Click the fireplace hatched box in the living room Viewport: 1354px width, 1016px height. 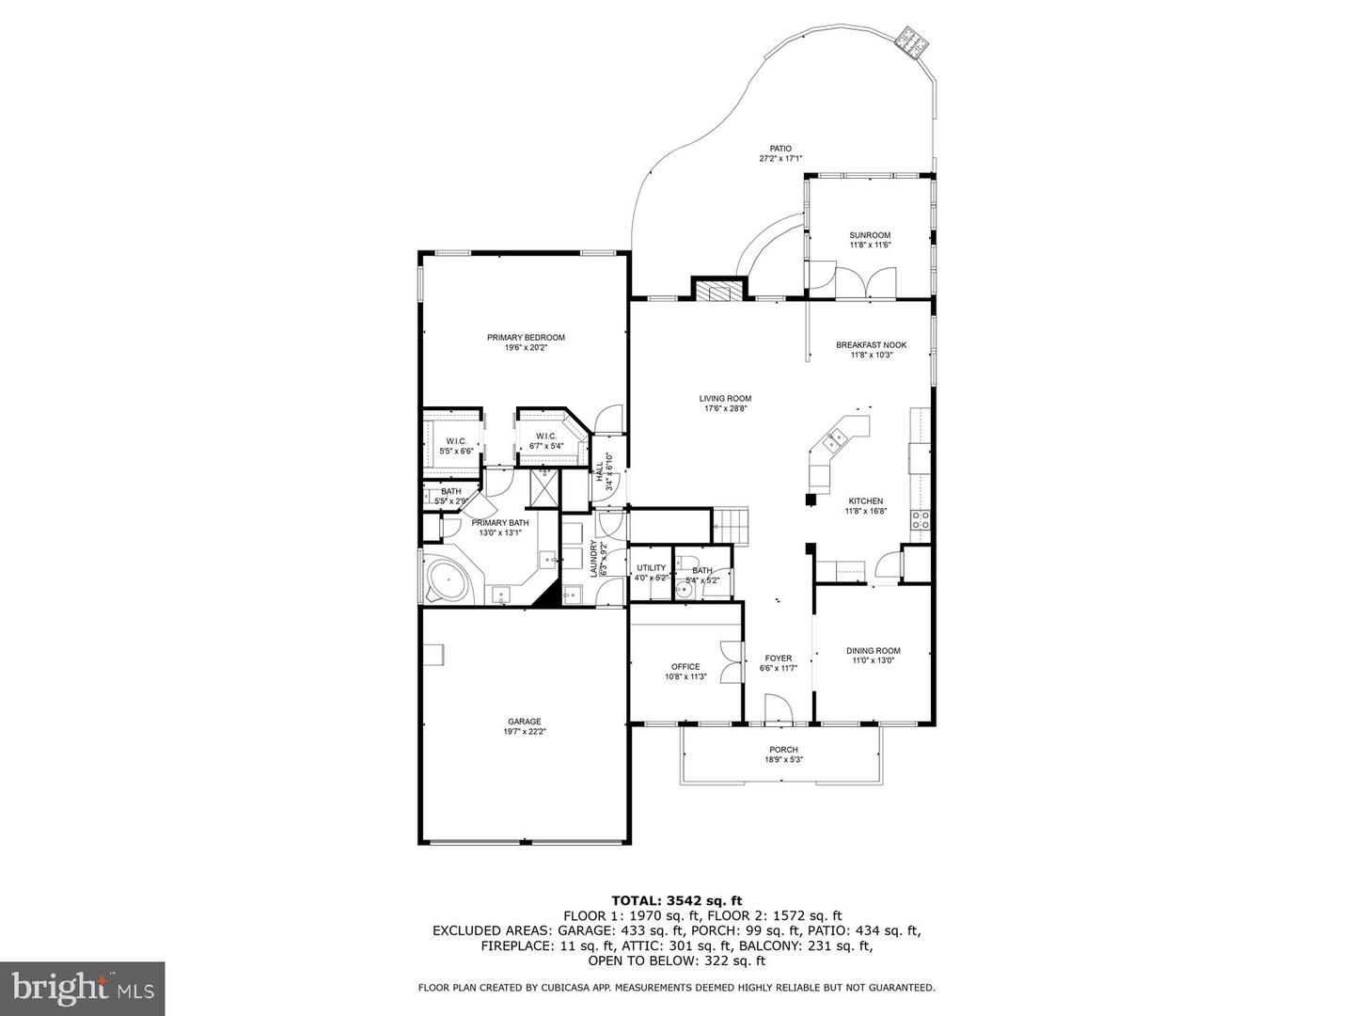point(719,292)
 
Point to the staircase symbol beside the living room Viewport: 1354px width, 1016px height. point(731,524)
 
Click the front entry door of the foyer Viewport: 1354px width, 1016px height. point(778,709)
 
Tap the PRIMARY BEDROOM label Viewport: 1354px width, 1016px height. point(526,338)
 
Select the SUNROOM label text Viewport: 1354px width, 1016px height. point(869,235)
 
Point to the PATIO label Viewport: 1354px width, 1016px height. point(780,149)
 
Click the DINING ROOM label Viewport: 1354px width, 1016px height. point(873,650)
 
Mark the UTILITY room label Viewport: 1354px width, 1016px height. point(651,567)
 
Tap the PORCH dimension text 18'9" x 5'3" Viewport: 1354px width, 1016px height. point(782,760)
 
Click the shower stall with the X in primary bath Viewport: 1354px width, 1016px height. point(544,488)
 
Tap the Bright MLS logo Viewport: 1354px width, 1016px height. point(82,988)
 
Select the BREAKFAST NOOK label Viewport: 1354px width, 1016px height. point(871,345)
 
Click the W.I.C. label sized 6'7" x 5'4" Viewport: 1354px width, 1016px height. point(547,436)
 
